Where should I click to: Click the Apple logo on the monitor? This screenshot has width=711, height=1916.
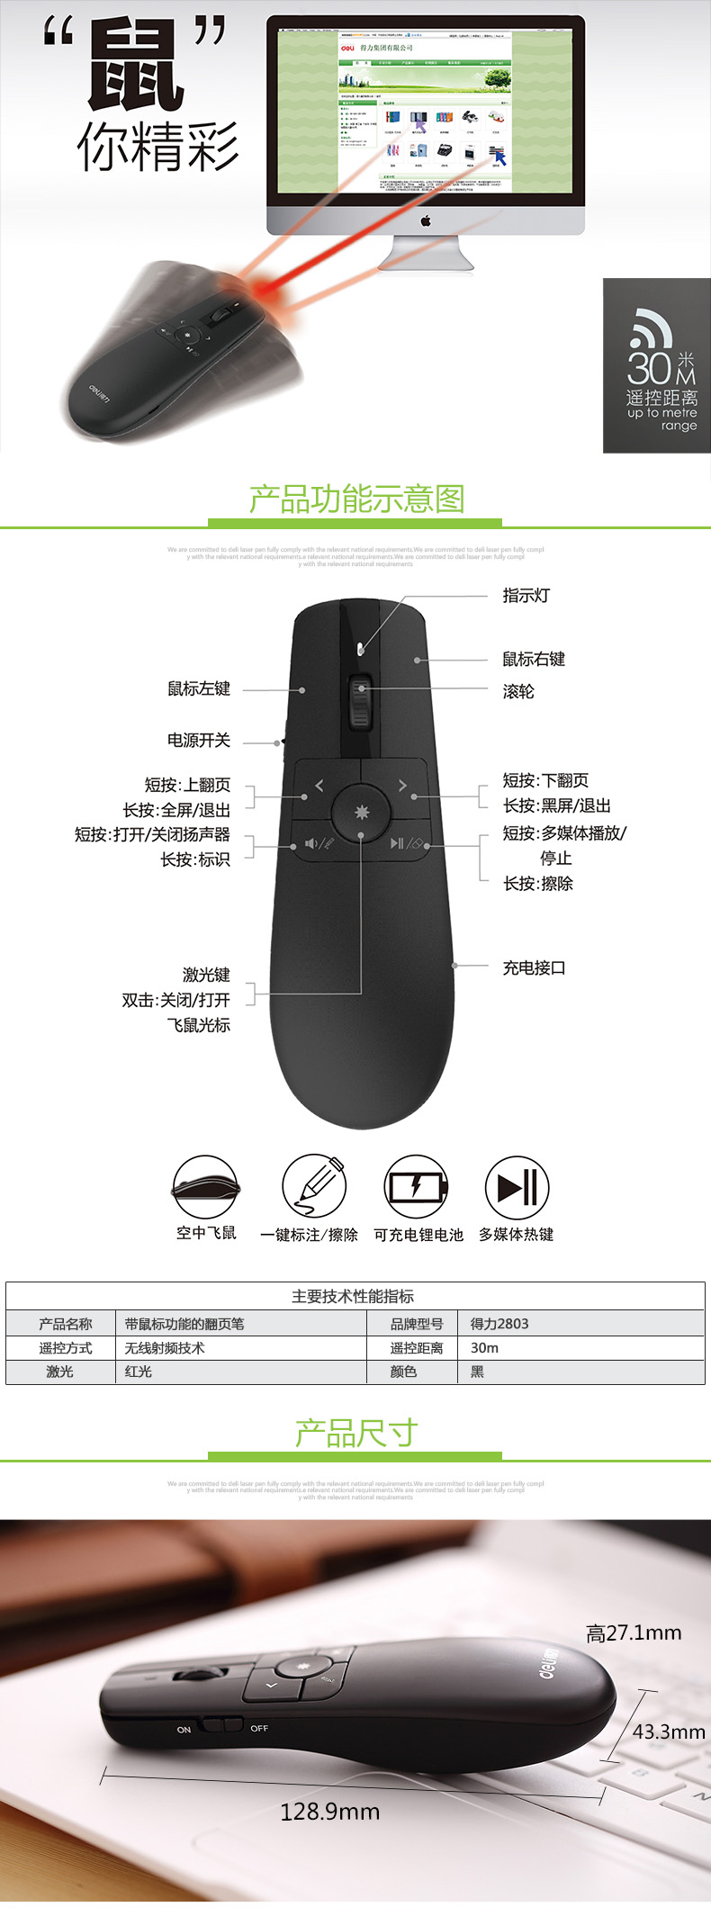pos(426,220)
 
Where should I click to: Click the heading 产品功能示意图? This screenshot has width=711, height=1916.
pos(356,499)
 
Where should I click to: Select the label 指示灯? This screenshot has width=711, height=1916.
pos(526,596)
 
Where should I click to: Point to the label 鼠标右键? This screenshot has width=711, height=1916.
pos(534,659)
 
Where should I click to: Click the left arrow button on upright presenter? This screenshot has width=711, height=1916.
pos(319,786)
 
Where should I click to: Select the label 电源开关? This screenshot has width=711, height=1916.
pos(199,740)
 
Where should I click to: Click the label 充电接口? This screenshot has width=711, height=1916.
pos(534,968)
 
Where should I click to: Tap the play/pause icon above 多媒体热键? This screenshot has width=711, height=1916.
pos(517,1187)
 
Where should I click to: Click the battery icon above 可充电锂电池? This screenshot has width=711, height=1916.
pos(416,1187)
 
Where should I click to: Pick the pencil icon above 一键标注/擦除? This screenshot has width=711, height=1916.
pos(314,1187)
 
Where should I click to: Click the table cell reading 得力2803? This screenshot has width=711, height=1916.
pos(499,1324)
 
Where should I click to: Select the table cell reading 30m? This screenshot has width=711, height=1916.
pos(484,1348)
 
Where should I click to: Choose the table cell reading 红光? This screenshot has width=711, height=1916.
pos(139,1372)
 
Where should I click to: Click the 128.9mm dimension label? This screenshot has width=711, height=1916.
pos(329,1812)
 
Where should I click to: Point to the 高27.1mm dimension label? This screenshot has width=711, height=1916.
pos(634,1633)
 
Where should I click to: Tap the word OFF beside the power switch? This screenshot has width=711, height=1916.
pos(259,1729)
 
